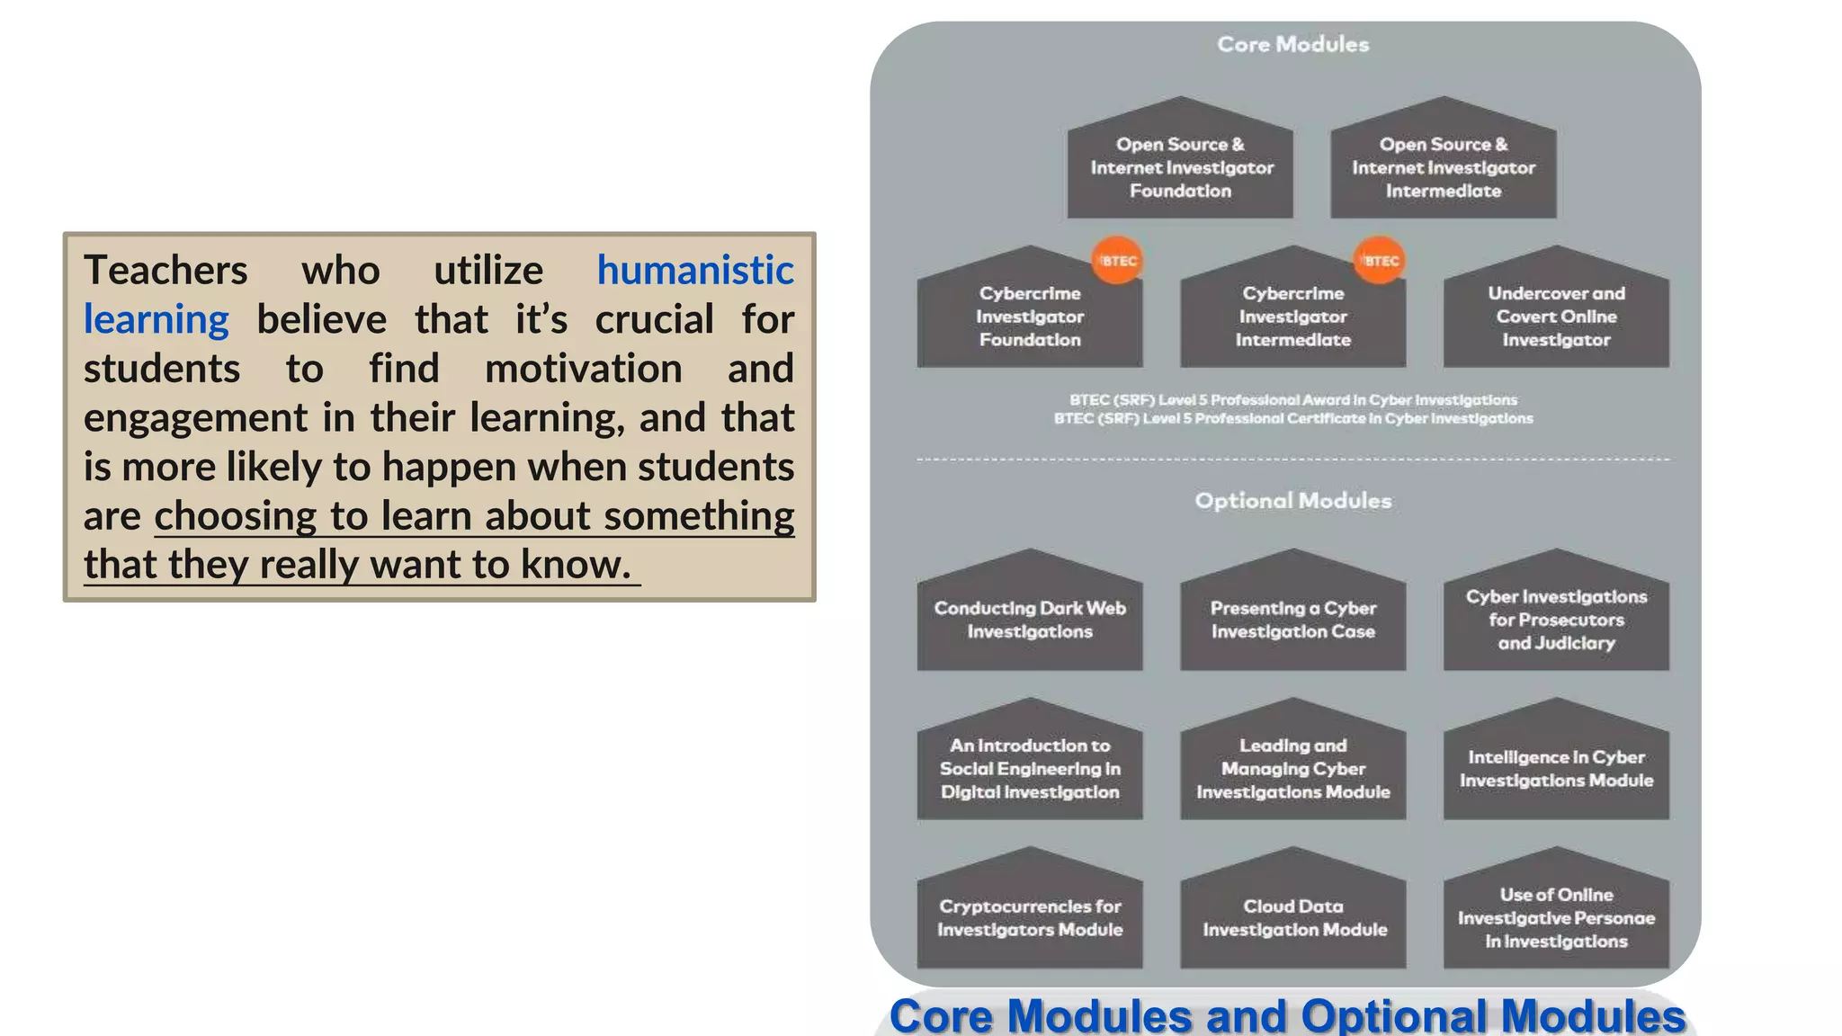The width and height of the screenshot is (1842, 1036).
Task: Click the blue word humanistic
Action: (695, 271)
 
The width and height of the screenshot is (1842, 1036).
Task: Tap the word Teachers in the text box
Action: (165, 271)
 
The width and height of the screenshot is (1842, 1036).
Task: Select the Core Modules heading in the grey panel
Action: (1292, 44)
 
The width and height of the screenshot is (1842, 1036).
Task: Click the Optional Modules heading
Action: (1292, 501)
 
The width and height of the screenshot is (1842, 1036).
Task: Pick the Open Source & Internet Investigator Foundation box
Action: (1180, 167)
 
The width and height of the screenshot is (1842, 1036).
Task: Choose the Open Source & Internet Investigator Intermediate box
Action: (1443, 167)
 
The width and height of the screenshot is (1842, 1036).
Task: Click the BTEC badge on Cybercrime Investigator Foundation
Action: (1117, 261)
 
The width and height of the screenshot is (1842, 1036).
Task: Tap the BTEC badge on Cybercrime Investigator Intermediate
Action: (1380, 261)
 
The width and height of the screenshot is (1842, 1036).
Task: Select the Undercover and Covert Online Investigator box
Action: (1556, 317)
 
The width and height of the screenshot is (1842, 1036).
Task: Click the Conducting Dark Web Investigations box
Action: (1030, 620)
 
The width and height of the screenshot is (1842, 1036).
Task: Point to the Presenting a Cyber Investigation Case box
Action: (1292, 620)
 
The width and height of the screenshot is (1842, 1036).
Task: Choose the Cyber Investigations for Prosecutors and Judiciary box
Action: (1556, 620)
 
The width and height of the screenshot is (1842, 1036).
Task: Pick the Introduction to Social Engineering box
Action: (1030, 769)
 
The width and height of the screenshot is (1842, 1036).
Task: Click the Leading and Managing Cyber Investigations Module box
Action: (1292, 769)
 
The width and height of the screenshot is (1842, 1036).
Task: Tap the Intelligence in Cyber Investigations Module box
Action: (1556, 769)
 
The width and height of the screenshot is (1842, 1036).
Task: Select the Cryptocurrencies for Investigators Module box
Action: (1030, 917)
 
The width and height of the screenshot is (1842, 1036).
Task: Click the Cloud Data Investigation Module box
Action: (1292, 917)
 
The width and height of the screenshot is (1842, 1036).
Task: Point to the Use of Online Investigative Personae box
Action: (1556, 917)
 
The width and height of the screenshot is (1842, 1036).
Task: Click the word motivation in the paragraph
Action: (583, 370)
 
